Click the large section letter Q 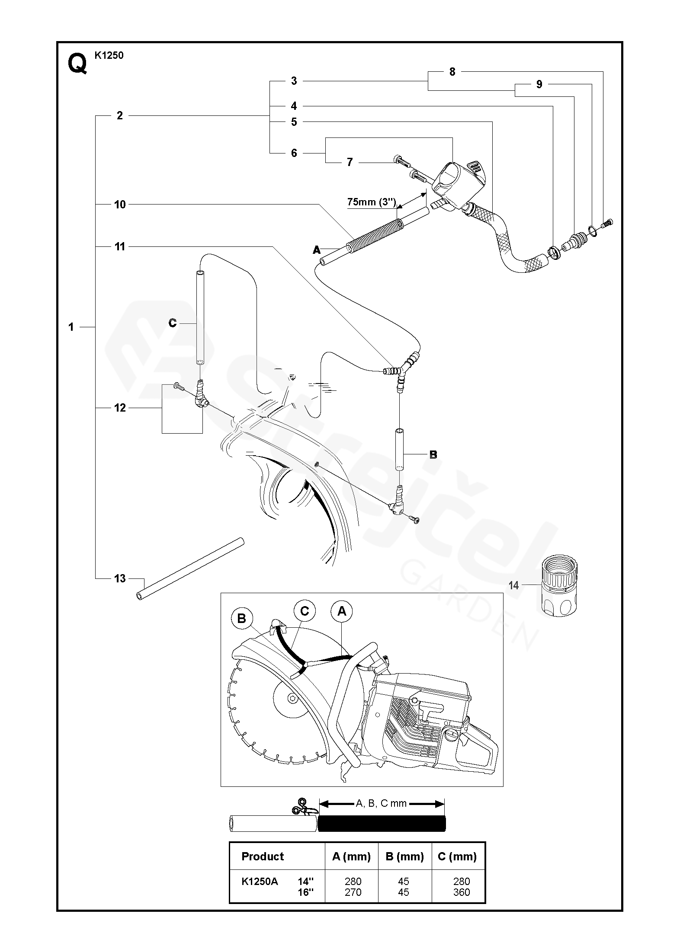(77, 64)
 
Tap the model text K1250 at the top (109, 55)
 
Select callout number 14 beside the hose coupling (513, 585)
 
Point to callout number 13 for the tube (120, 578)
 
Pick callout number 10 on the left (120, 204)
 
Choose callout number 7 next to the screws (350, 162)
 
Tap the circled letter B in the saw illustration (241, 619)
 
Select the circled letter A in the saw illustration (342, 611)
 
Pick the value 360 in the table (462, 892)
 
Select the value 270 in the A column (353, 892)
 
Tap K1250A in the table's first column (260, 881)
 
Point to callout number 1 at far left (71, 327)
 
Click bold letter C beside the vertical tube (173, 323)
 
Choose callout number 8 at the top (452, 72)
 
